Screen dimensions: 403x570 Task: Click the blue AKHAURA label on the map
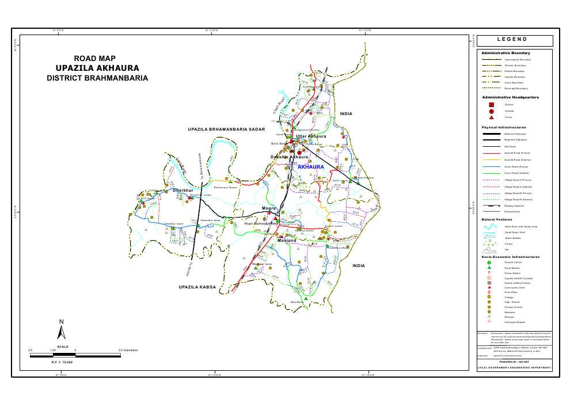tap(311, 166)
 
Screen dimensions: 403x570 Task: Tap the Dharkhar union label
tap(183, 190)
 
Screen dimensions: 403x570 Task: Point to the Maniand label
tap(287, 241)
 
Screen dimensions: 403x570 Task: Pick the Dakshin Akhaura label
tap(290, 157)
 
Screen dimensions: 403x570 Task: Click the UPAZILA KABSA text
tap(197, 286)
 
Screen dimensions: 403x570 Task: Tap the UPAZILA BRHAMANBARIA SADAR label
tap(226, 130)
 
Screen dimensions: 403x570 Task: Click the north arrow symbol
tap(62, 330)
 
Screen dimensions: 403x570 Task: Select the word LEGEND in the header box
tap(514, 40)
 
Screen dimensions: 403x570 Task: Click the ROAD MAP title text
tap(95, 58)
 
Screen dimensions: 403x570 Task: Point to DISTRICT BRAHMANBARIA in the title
tap(97, 78)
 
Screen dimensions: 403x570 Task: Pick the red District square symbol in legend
tap(491, 105)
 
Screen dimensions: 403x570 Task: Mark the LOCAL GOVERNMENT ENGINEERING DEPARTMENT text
tap(514, 367)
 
